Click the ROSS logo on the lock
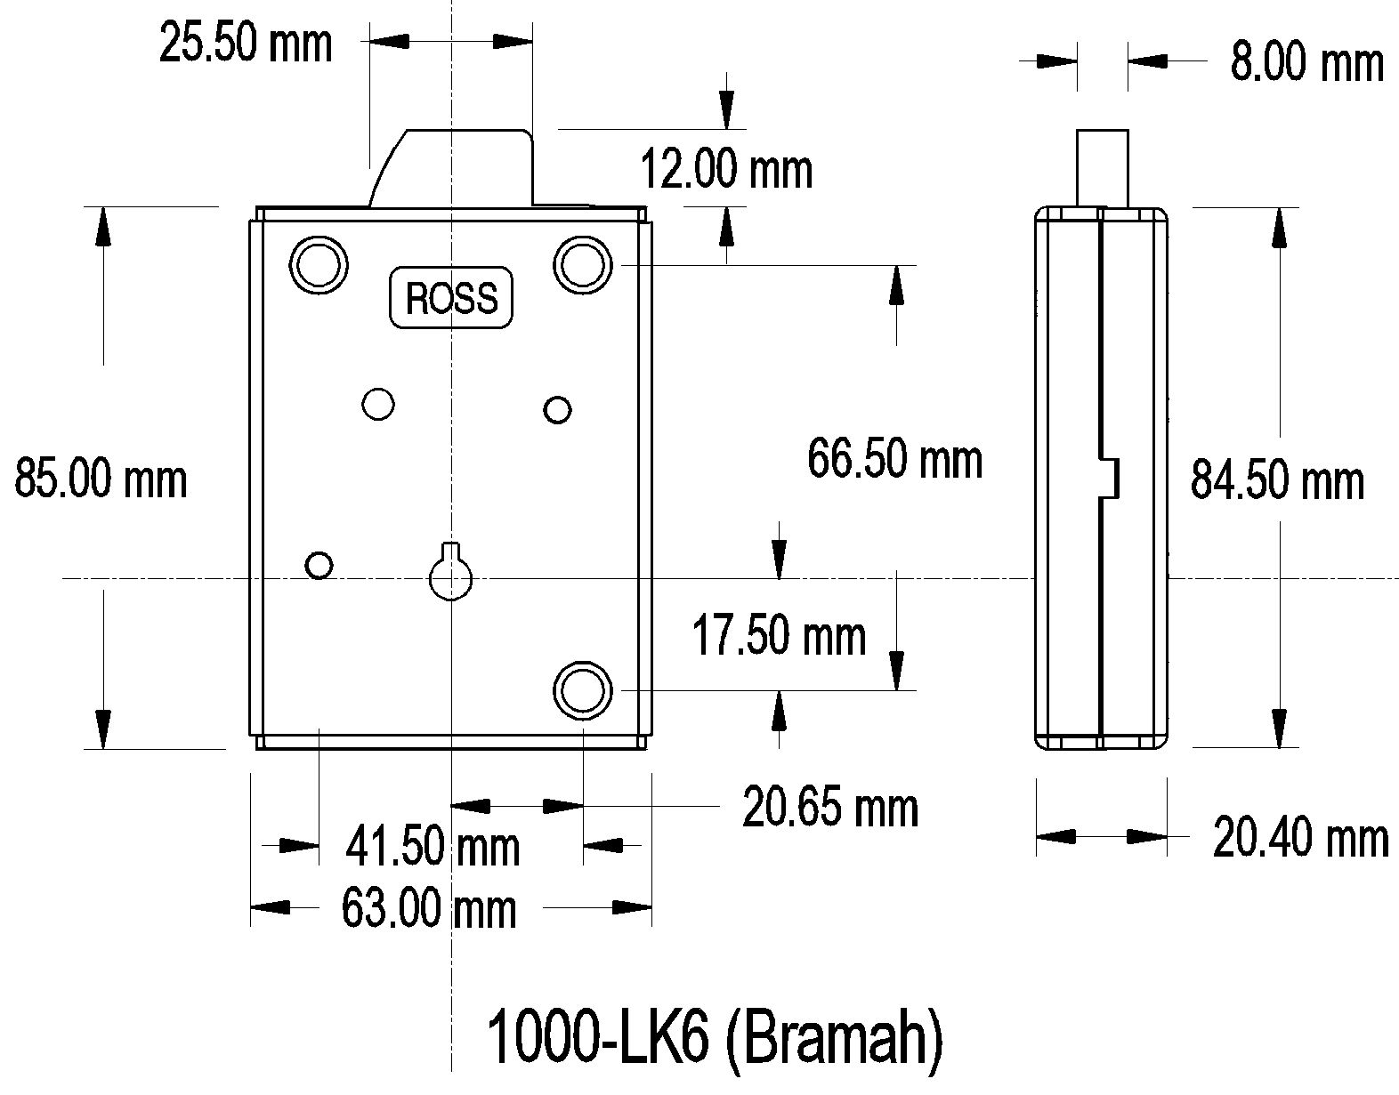click(451, 297)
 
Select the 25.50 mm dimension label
click(246, 43)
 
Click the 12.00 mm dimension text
click(726, 169)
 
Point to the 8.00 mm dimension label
click(1306, 62)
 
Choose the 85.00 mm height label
click(101, 479)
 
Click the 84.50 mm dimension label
click(1277, 480)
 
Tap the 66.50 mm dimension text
click(894, 460)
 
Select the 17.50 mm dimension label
click(779, 636)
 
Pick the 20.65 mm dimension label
click(829, 808)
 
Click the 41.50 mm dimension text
click(433, 847)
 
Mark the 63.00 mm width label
click(429, 909)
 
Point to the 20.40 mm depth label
click(1300, 838)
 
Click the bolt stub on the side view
click(1103, 167)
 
